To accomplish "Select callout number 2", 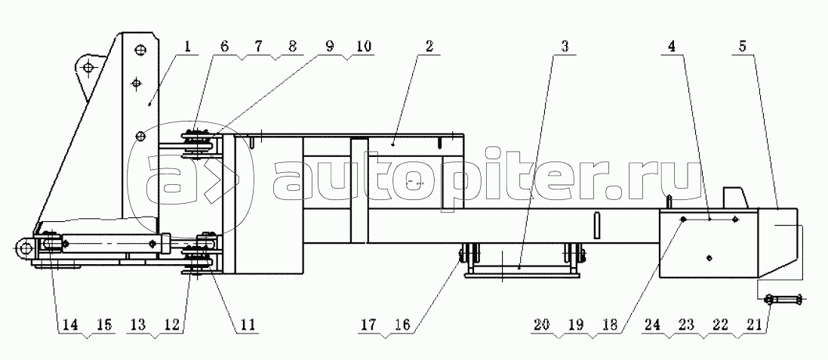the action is point(429,47).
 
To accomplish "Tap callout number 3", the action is point(565,47).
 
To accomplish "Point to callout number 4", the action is point(671,47).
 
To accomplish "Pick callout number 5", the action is point(742,47).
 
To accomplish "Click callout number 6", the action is point(224,47).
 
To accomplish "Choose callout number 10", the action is point(362,47).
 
